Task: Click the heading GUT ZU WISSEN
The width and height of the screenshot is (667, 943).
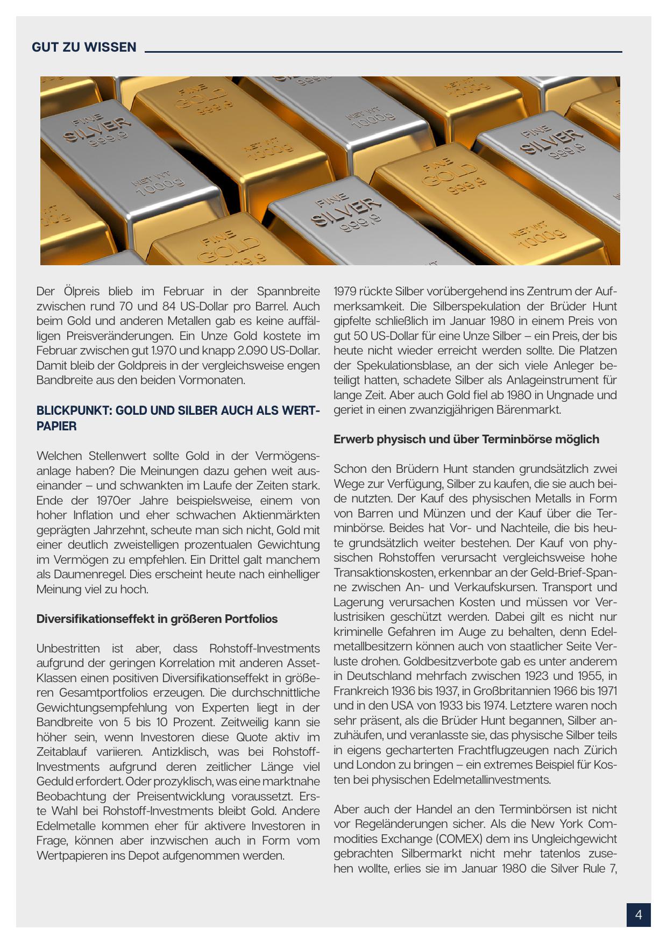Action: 84,47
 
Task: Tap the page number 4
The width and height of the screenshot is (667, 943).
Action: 638,915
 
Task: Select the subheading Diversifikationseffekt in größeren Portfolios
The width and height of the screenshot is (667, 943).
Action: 157,619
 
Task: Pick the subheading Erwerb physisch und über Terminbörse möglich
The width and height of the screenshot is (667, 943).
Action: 466,439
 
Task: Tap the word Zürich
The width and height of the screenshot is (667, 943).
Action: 598,750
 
